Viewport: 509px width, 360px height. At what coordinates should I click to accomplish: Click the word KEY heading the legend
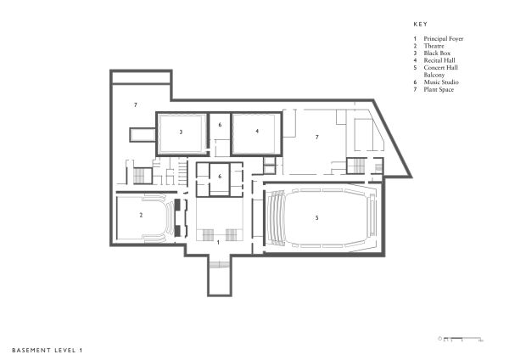(419, 25)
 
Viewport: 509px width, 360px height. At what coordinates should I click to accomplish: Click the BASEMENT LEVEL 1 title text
(48, 349)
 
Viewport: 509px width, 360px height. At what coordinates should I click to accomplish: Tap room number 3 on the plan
(181, 132)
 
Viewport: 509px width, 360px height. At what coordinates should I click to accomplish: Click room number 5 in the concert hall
(316, 218)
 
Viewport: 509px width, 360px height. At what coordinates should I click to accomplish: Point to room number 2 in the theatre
(141, 216)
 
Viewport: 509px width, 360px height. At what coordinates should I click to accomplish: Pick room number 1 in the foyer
(219, 243)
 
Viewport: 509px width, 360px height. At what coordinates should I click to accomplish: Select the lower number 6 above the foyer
(219, 177)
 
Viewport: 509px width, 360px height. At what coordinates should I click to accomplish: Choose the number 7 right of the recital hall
(316, 137)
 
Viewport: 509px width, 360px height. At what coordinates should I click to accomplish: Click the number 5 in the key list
(415, 68)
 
